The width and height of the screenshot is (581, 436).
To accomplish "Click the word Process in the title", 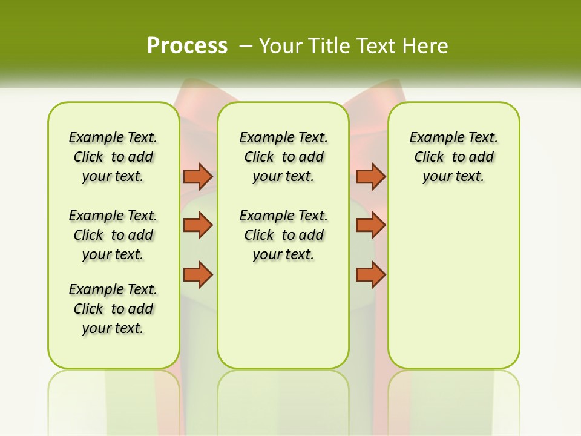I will click(x=187, y=46).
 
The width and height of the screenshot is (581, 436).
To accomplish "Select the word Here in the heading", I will click(x=426, y=46).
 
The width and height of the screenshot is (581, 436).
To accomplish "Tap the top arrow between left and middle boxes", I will click(x=198, y=176).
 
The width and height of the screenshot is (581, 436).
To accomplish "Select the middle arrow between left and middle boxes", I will click(x=198, y=225).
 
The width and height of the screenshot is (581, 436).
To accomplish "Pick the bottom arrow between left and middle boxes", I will click(x=198, y=274).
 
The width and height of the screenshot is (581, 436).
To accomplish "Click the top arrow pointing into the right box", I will click(x=370, y=176).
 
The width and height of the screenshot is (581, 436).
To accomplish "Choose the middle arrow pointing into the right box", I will click(x=370, y=225).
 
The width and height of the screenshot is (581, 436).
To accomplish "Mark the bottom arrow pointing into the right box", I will click(x=370, y=274).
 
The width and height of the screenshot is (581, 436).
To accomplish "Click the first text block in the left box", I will click(x=113, y=157).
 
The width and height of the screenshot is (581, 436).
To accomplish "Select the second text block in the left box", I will click(x=113, y=235).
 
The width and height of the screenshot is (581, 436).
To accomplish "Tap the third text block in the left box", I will click(x=113, y=309).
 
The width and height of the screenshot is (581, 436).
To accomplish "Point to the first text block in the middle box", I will click(x=284, y=157).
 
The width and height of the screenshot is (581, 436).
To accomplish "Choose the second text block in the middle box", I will click(x=284, y=235).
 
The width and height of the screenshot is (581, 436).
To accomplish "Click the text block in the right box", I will click(x=454, y=157).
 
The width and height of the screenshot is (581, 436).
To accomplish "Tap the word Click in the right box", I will click(x=429, y=157).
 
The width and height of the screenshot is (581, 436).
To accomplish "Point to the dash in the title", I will click(x=246, y=46).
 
